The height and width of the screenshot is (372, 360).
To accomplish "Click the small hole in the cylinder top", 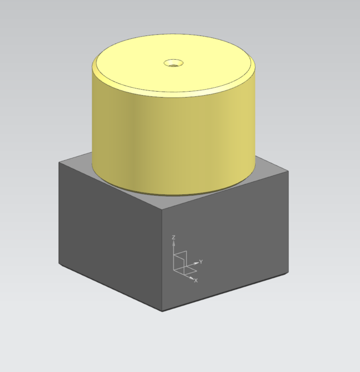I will (x=173, y=63).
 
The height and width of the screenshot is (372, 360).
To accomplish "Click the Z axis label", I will (x=173, y=237).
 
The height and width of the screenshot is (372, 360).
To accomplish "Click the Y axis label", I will (x=201, y=261).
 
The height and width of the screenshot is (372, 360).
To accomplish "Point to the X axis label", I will (x=196, y=280).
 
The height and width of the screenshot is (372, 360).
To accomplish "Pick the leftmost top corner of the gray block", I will (x=59, y=163).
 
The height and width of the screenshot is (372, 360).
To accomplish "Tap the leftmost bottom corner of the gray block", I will (x=59, y=264).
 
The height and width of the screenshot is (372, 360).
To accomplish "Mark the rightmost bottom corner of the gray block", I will (x=289, y=273).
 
